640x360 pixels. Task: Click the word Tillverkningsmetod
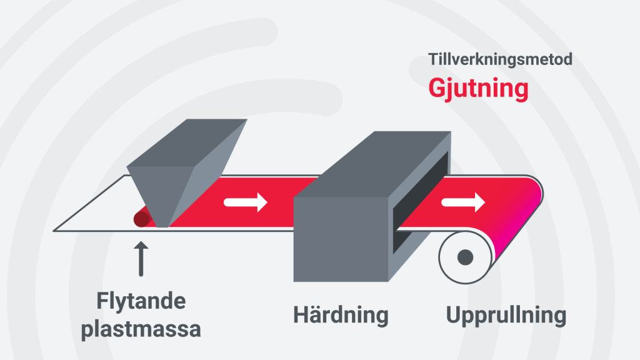(x=500, y=60)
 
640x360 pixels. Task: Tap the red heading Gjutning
(x=478, y=88)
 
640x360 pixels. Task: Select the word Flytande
(x=141, y=302)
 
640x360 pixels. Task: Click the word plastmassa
(x=141, y=329)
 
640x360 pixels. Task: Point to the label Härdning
(x=341, y=315)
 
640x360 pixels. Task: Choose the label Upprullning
(x=506, y=315)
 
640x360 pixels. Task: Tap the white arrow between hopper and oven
(x=246, y=202)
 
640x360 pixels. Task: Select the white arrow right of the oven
(x=462, y=202)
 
